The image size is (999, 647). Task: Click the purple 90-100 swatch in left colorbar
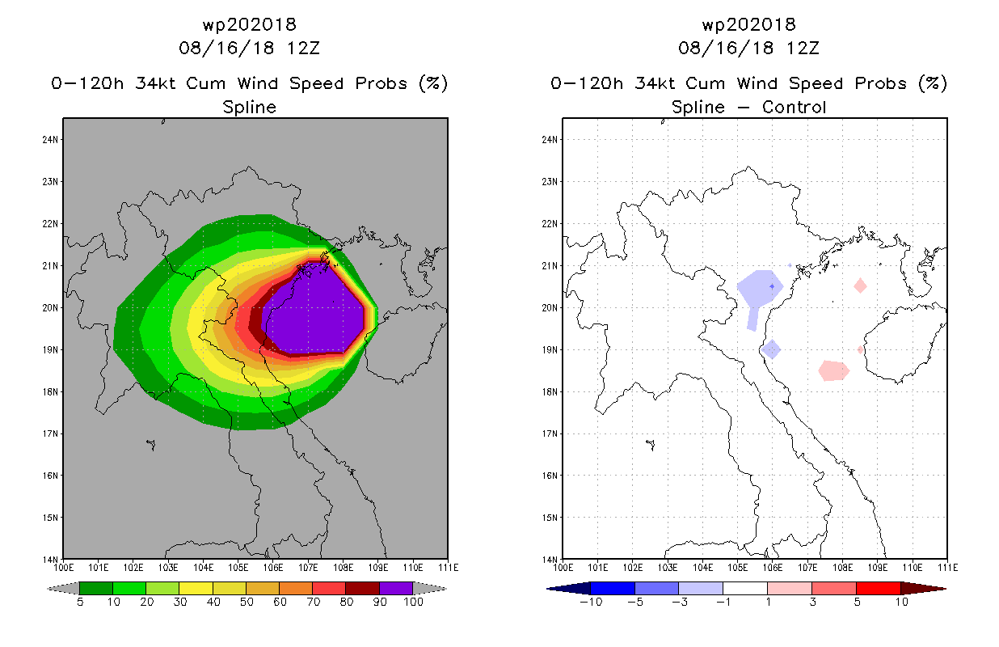[x=396, y=588]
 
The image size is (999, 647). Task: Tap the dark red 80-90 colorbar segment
[x=363, y=588]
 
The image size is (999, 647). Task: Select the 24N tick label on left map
[x=50, y=140]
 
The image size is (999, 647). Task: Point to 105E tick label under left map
[x=238, y=568]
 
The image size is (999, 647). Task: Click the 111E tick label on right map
[x=948, y=568]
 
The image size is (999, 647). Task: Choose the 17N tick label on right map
[x=550, y=433]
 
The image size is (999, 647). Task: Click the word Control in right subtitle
[x=794, y=108]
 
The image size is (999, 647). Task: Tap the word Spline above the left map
[x=249, y=108]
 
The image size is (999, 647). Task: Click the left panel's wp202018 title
[x=250, y=25]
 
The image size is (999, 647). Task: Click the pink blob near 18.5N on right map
[x=833, y=370]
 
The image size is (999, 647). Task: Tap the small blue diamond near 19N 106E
[x=771, y=349]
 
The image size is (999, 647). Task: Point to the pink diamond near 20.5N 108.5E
[x=860, y=285]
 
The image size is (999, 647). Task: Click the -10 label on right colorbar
[x=591, y=603]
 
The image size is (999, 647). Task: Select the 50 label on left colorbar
[x=247, y=603]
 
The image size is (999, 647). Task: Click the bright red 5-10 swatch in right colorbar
[x=879, y=588]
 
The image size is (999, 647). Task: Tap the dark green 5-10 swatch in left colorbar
[x=96, y=588]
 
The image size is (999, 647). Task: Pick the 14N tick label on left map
[x=50, y=560]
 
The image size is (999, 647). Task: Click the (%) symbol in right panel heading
[x=933, y=83]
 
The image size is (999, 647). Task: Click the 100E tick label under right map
[x=563, y=568]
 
